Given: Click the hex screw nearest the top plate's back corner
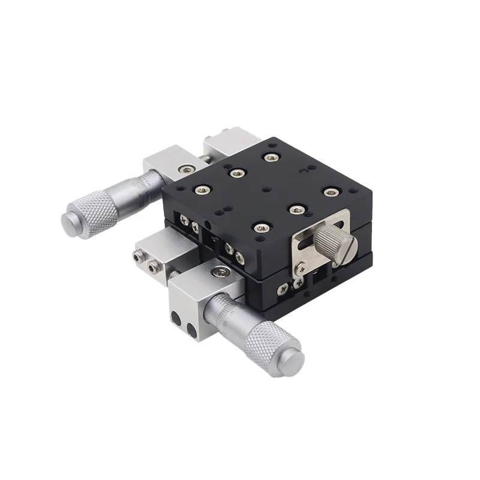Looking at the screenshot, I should pyautogui.click(x=271, y=157).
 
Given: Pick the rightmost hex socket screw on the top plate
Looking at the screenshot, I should pyautogui.click(x=331, y=192).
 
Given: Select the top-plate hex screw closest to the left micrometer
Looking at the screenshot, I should pyautogui.click(x=199, y=190).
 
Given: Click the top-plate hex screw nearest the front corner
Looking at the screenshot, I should pyautogui.click(x=261, y=227).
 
